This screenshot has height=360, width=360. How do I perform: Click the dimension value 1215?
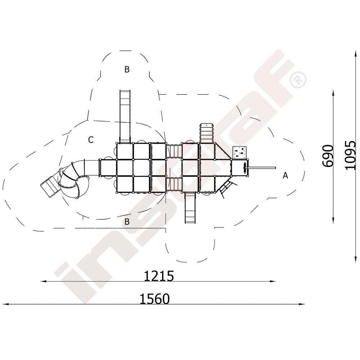159,276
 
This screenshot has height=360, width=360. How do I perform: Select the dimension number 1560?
155,299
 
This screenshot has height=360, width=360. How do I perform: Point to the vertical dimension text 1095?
350,156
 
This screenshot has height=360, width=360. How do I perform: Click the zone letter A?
285,175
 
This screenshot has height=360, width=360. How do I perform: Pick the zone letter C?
91,140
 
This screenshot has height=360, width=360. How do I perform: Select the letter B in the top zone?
127,69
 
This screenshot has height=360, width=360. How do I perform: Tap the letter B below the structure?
127,221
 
